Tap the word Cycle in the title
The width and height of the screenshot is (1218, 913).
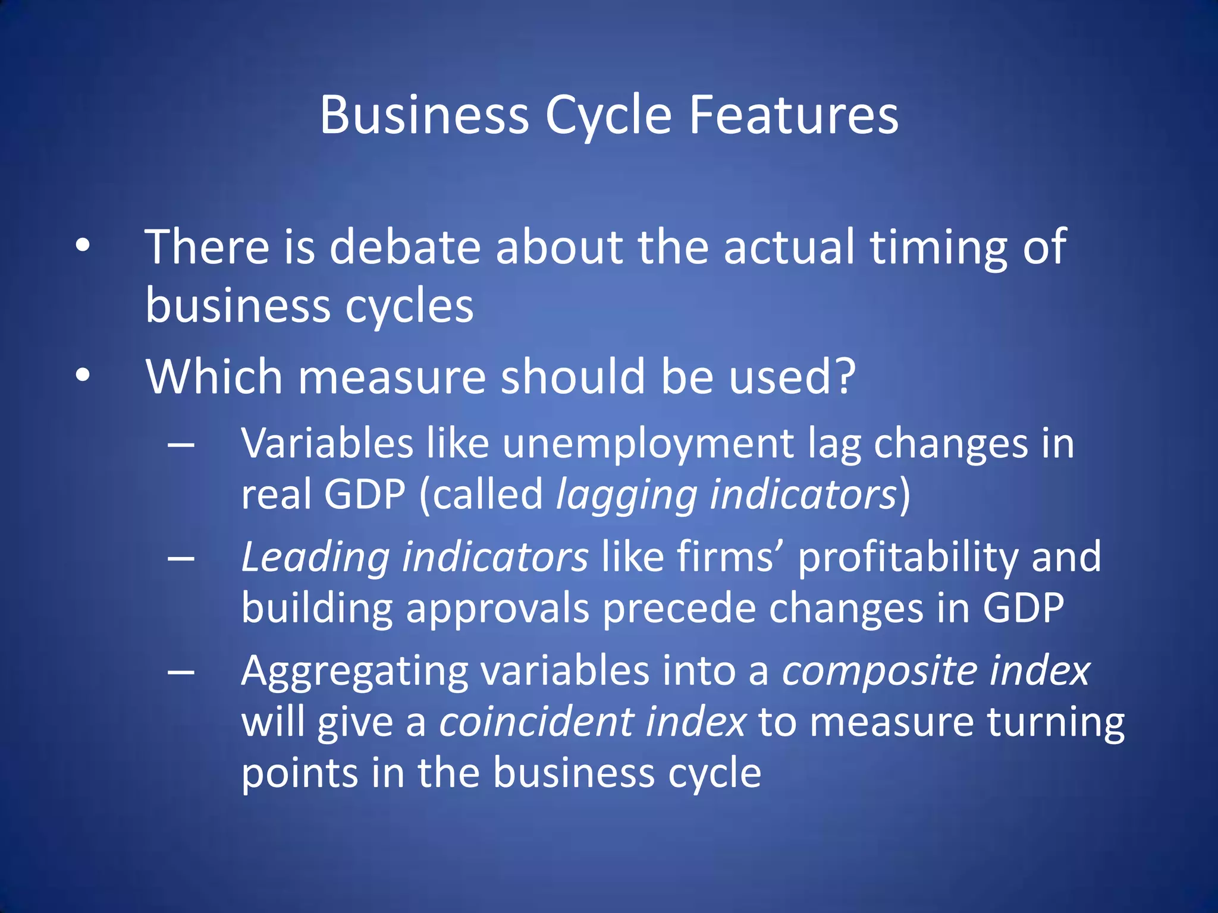tap(608, 116)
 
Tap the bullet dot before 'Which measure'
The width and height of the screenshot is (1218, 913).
tap(83, 375)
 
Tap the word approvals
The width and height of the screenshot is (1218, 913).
tap(497, 609)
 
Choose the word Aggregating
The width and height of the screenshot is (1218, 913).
tap(355, 672)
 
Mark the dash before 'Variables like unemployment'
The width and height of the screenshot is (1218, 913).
tap(181, 445)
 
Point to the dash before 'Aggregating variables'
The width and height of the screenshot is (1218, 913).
tap(181, 672)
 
